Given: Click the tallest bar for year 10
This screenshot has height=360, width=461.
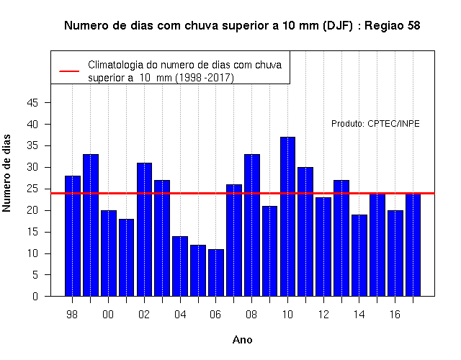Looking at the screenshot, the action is point(287,217).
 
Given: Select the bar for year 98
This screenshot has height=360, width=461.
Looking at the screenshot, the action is point(73,236).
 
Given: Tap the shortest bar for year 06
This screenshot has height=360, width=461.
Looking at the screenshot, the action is point(216,273).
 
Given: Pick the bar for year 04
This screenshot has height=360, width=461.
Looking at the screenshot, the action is point(180,266).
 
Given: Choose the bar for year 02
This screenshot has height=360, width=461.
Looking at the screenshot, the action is point(144,230).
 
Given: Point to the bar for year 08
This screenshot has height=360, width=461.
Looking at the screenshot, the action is point(252,225).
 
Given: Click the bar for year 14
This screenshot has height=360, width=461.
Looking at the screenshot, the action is point(359,256).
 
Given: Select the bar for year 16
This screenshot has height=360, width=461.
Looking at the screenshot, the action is point(395,253).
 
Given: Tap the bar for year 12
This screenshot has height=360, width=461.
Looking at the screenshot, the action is point(323,247).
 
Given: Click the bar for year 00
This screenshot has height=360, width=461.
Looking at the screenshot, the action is point(109,253).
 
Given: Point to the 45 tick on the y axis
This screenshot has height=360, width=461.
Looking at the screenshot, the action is point(48,102).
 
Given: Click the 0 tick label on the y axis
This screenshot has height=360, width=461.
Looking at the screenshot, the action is point(35,296).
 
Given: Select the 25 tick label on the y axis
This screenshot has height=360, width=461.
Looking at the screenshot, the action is point(32,189).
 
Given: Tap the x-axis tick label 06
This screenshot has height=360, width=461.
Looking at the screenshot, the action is point(215,315).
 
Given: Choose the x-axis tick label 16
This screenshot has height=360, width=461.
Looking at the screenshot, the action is point(395,315).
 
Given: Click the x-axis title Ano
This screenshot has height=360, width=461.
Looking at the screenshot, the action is point(242,340).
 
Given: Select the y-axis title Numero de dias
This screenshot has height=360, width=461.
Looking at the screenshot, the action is point(6,174).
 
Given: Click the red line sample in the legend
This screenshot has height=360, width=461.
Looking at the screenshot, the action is point(69,71).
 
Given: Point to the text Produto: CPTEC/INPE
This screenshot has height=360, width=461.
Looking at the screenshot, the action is point(375,124).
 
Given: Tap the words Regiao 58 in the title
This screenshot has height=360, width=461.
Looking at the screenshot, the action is point(393,26).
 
